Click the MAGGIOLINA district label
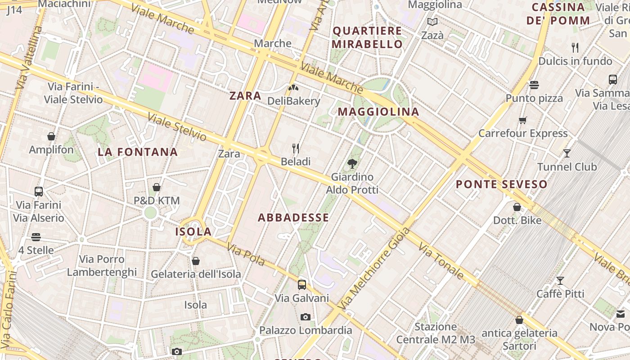click(x=378, y=112)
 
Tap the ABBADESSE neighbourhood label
click(x=293, y=218)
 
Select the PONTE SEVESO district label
click(x=501, y=184)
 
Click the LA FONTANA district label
click(x=138, y=152)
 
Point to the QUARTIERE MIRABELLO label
click(x=367, y=37)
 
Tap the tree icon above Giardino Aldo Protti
click(x=352, y=164)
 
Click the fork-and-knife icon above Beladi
click(x=296, y=148)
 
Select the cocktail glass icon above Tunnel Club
click(x=567, y=153)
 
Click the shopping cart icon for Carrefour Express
click(x=522, y=120)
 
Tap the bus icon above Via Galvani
click(x=301, y=284)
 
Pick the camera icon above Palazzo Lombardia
click(x=306, y=317)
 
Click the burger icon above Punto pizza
click(x=534, y=85)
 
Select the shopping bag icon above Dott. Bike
click(x=517, y=207)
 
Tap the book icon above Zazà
click(x=432, y=22)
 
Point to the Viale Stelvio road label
click(x=177, y=127)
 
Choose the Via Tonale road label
click(x=441, y=261)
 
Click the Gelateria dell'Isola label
click(x=196, y=274)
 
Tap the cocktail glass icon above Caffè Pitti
click(x=560, y=281)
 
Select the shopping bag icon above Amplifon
click(x=51, y=136)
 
